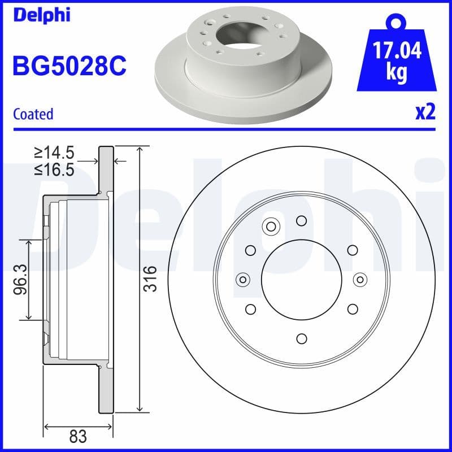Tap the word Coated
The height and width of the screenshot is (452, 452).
click(33, 114)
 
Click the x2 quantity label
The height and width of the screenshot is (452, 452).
click(425, 112)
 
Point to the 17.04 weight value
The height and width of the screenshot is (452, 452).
click(395, 51)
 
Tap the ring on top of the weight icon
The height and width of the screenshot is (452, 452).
click(395, 23)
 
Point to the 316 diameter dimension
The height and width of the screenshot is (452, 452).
click(150, 279)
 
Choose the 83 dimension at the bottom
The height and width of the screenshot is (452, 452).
click(78, 436)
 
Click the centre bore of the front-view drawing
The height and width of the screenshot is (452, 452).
click(301, 279)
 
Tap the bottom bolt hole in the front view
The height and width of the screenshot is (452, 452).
click(301, 338)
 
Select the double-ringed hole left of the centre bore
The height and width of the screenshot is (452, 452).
click(243, 279)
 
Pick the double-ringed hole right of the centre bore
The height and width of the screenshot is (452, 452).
click(360, 279)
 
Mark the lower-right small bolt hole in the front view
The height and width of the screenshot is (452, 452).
click(353, 308)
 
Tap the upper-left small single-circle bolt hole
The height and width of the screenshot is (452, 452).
click(250, 250)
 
